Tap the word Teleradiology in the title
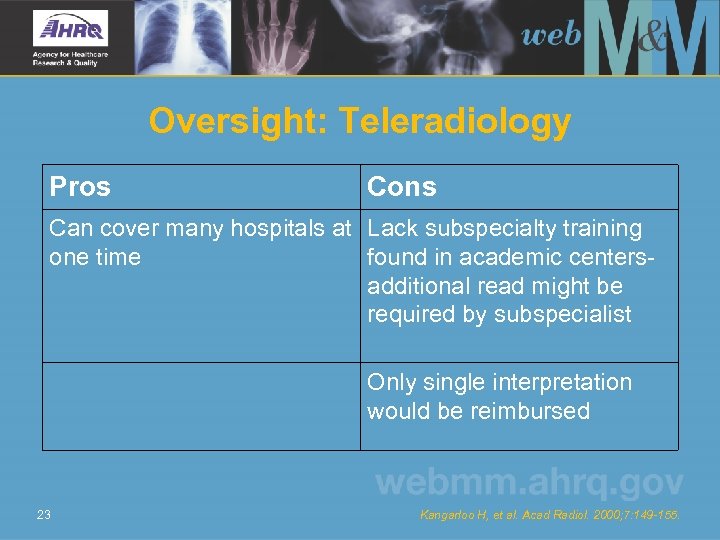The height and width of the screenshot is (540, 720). (x=455, y=121)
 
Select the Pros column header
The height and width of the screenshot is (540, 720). (x=80, y=186)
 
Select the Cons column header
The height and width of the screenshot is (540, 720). (x=402, y=186)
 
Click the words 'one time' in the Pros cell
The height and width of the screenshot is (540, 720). (x=95, y=257)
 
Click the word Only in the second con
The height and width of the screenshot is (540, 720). (x=388, y=382)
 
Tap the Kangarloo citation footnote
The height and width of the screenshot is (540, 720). (x=548, y=515)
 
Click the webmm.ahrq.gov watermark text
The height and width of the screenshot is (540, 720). (x=529, y=483)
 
